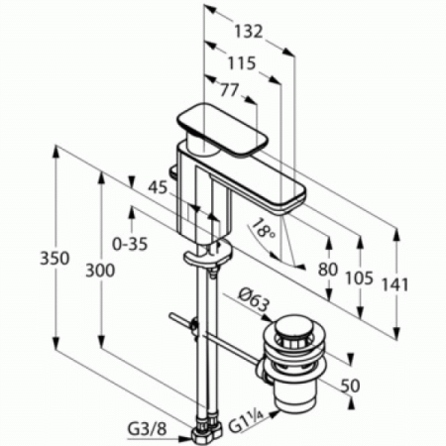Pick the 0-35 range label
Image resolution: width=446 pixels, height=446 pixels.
(x=130, y=240)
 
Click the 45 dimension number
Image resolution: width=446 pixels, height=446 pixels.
(x=157, y=184)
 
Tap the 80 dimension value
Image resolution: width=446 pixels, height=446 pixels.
(x=328, y=268)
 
